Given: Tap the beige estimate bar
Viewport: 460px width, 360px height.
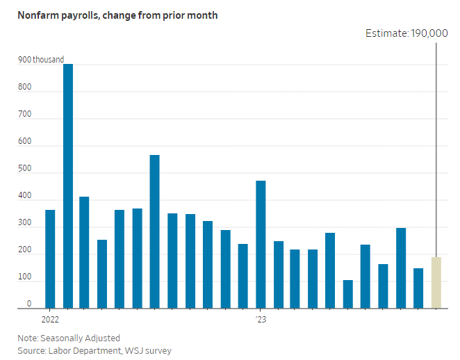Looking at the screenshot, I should (x=436, y=282).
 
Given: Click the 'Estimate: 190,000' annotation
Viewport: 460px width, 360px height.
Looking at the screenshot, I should (x=407, y=33).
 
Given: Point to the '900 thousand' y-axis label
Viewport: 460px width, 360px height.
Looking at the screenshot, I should (x=41, y=60).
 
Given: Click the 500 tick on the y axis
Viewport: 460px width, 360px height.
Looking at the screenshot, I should (x=25, y=169).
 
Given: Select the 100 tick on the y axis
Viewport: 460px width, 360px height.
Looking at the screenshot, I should (x=25, y=277).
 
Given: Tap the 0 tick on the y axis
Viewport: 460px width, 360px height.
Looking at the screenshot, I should (x=29, y=304).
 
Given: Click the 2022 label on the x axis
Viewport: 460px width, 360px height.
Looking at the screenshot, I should (x=50, y=320).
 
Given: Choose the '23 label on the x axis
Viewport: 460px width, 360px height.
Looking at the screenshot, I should (x=261, y=320).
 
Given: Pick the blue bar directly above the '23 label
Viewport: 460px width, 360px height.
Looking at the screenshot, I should (x=261, y=244).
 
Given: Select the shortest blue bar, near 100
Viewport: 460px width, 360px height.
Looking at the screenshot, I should (x=348, y=294).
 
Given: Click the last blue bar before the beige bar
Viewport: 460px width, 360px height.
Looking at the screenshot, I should (x=418, y=288).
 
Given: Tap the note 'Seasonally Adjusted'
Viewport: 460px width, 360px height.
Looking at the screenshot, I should (x=69, y=338).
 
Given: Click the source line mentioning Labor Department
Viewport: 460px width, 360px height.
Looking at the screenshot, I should (x=95, y=350).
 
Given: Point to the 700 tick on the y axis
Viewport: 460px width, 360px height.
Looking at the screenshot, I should (x=25, y=115).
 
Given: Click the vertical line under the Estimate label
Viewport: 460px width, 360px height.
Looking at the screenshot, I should (x=436, y=139).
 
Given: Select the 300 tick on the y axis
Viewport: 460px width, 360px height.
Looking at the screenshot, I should (x=25, y=223).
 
